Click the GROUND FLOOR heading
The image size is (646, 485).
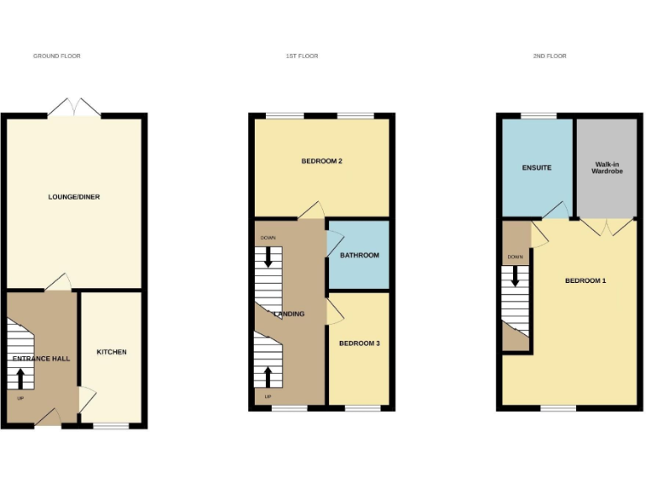click(56, 56)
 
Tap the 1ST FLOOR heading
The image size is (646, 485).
click(302, 56)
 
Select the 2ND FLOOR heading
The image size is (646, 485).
click(549, 56)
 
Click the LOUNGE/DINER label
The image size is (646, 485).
click(74, 197)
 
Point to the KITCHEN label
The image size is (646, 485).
click(111, 352)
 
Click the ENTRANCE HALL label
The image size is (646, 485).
click(41, 359)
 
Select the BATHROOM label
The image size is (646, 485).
click(359, 255)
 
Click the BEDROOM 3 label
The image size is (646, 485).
click(359, 344)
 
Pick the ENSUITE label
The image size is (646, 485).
click(536, 168)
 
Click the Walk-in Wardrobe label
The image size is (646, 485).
click(606, 168)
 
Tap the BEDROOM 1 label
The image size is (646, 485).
click(585, 280)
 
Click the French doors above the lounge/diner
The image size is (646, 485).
click(75, 108)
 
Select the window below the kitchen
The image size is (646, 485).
click(110, 426)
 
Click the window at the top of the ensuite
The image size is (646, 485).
click(537, 115)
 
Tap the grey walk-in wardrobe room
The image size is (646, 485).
click(606, 194)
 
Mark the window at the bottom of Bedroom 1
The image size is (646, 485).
click(558, 409)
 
